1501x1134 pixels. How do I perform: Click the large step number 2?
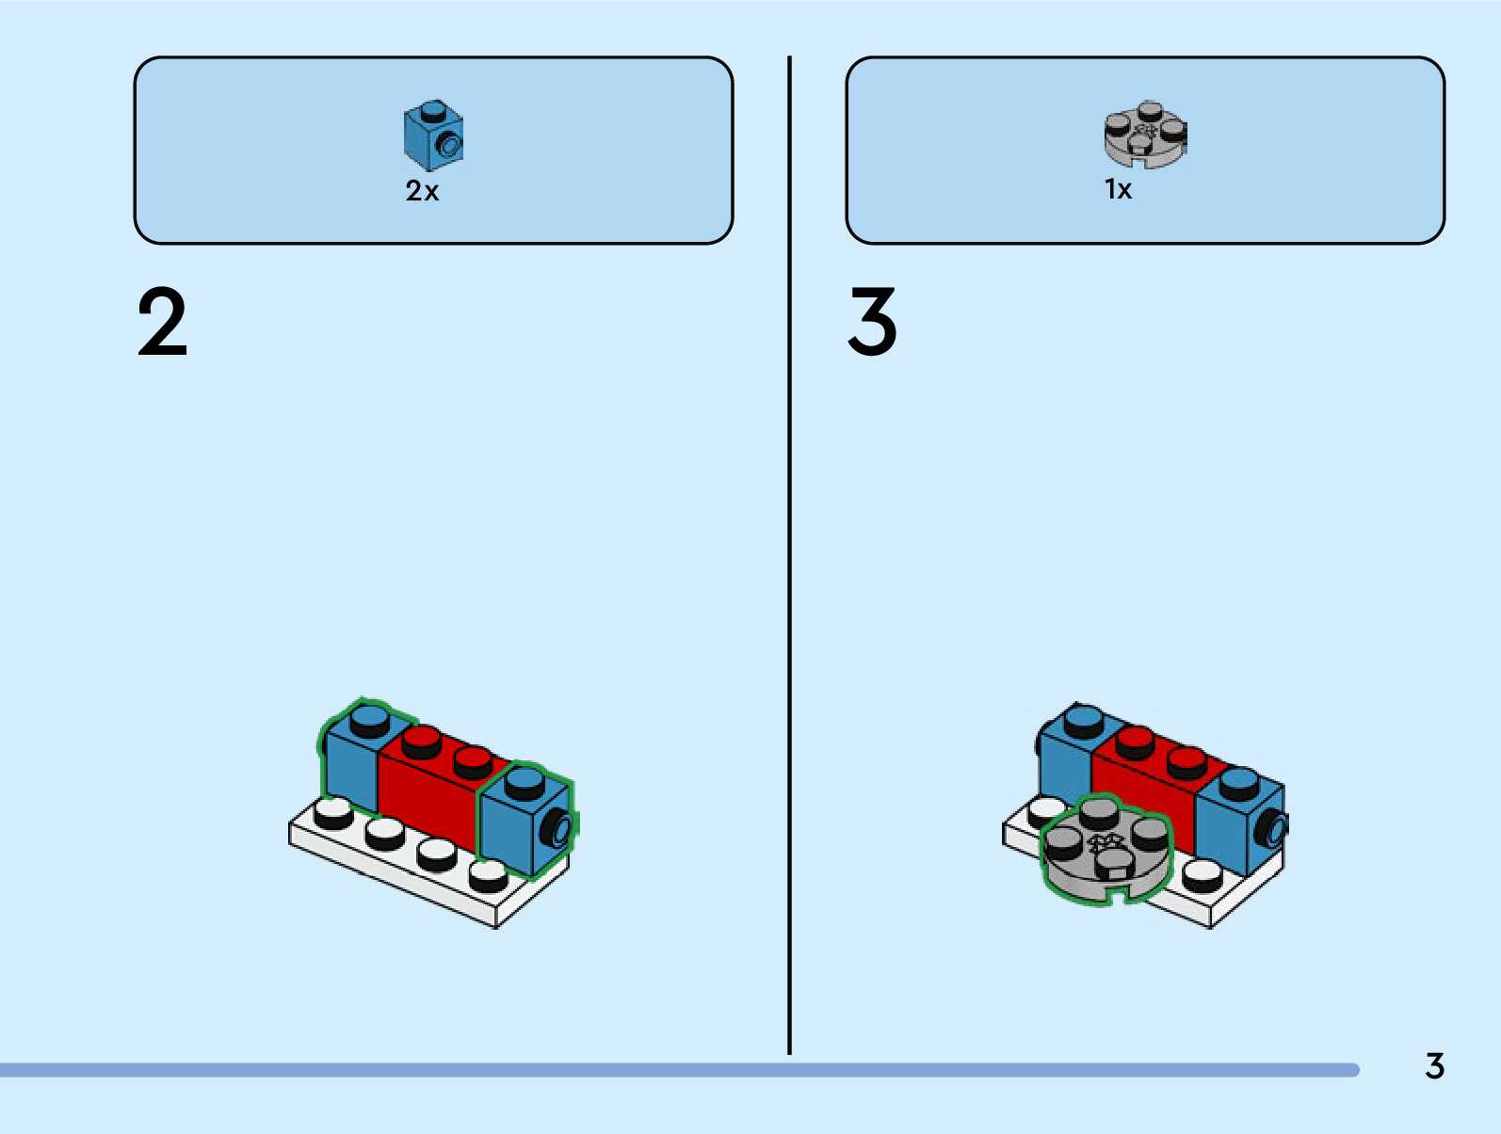[x=162, y=323]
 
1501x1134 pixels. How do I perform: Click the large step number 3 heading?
[x=872, y=323]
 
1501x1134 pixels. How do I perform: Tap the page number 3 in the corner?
[x=1434, y=1066]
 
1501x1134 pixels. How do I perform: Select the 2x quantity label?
[x=422, y=191]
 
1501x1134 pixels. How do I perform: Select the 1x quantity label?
[x=1118, y=189]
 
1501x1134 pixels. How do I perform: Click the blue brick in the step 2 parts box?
[x=433, y=136]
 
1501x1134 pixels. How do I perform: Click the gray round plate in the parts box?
[x=1145, y=135]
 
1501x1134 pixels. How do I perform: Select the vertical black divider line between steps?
[x=789, y=555]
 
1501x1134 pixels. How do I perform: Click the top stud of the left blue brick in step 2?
[x=370, y=721]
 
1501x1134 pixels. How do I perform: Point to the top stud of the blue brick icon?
[x=433, y=110]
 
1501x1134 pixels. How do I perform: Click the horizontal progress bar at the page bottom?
[x=678, y=1070]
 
